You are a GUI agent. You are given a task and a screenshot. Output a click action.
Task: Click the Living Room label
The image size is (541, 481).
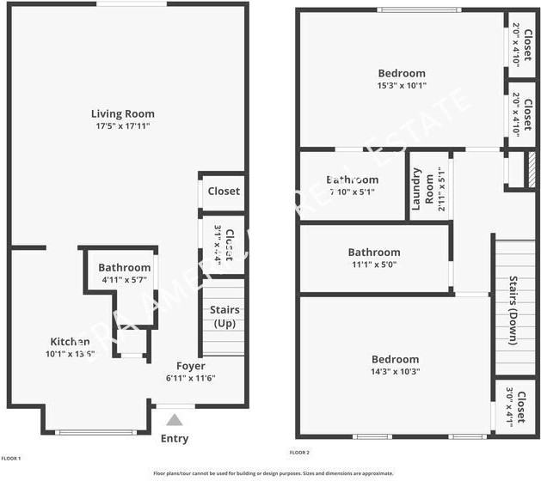coord(123,113)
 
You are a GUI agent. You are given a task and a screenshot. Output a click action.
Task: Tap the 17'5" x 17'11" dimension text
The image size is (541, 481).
coord(123,127)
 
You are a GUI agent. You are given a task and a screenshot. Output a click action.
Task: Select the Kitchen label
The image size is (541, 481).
coord(70,341)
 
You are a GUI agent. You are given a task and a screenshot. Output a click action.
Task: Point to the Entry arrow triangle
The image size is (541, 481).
coord(175,420)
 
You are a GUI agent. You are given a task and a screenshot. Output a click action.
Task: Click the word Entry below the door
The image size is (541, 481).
coord(175,439)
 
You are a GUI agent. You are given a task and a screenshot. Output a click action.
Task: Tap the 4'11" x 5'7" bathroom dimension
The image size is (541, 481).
coord(124,280)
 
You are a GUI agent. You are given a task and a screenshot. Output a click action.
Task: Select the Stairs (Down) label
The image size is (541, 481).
coord(513,310)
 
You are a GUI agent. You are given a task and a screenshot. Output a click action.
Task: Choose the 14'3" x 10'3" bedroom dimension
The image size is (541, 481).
coord(395,372)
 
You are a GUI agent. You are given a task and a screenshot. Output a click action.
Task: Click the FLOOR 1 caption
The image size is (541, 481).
coord(11,458)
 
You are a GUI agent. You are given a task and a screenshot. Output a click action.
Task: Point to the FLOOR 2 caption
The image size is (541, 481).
coord(298,452)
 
